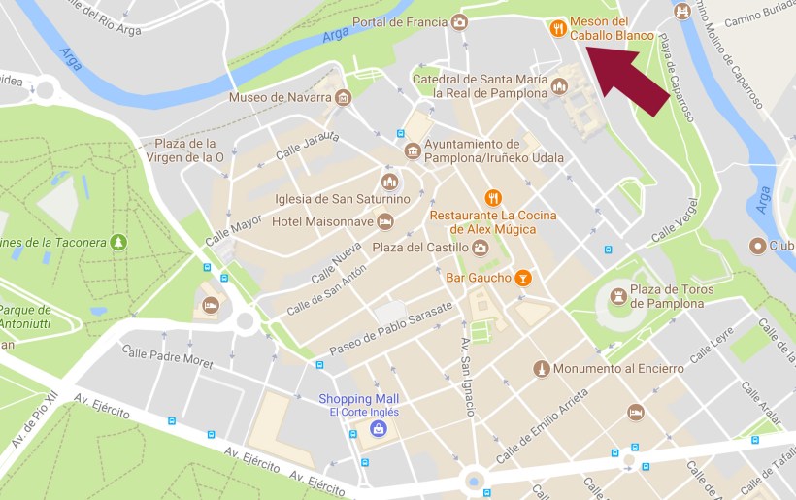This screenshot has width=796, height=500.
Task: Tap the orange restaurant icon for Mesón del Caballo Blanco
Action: click(x=558, y=28)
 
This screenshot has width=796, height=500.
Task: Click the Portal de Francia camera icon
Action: click(x=459, y=22)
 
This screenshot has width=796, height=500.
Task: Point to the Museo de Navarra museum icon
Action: click(x=343, y=98)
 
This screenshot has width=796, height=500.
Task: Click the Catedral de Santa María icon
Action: click(x=559, y=86)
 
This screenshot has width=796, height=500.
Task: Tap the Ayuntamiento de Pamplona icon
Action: click(x=413, y=151)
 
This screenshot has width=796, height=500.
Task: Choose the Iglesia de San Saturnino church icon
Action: click(x=389, y=182)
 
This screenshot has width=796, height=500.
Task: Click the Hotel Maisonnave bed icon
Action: click(x=385, y=222)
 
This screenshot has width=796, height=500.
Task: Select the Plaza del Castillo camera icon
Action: click(x=480, y=248)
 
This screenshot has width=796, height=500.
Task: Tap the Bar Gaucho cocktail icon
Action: click(x=523, y=278)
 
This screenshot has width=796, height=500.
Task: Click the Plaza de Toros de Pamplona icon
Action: click(x=618, y=295)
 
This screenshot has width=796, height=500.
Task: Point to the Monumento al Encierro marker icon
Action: click(x=542, y=369)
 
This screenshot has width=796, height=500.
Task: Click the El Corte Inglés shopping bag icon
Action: click(x=378, y=428)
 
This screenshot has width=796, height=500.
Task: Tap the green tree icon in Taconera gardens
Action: click(x=118, y=240)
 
